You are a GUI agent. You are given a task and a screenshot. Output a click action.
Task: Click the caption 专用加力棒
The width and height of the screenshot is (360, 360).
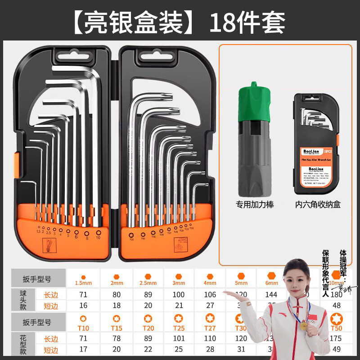[x=255, y=205]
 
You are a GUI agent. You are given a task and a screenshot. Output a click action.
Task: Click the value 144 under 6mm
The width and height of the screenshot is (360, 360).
[x=272, y=294]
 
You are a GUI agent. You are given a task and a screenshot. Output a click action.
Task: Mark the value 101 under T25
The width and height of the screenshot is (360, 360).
[x=179, y=339]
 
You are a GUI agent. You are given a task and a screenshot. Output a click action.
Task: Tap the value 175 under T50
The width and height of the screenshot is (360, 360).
[x=335, y=339]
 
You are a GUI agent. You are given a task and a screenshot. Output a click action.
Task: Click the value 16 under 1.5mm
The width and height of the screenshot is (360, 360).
[x=83, y=306]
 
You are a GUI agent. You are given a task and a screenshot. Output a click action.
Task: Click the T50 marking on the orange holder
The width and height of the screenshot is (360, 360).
[x=132, y=239]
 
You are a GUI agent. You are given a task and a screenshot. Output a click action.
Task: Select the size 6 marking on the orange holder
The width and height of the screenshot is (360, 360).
[x=76, y=235]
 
